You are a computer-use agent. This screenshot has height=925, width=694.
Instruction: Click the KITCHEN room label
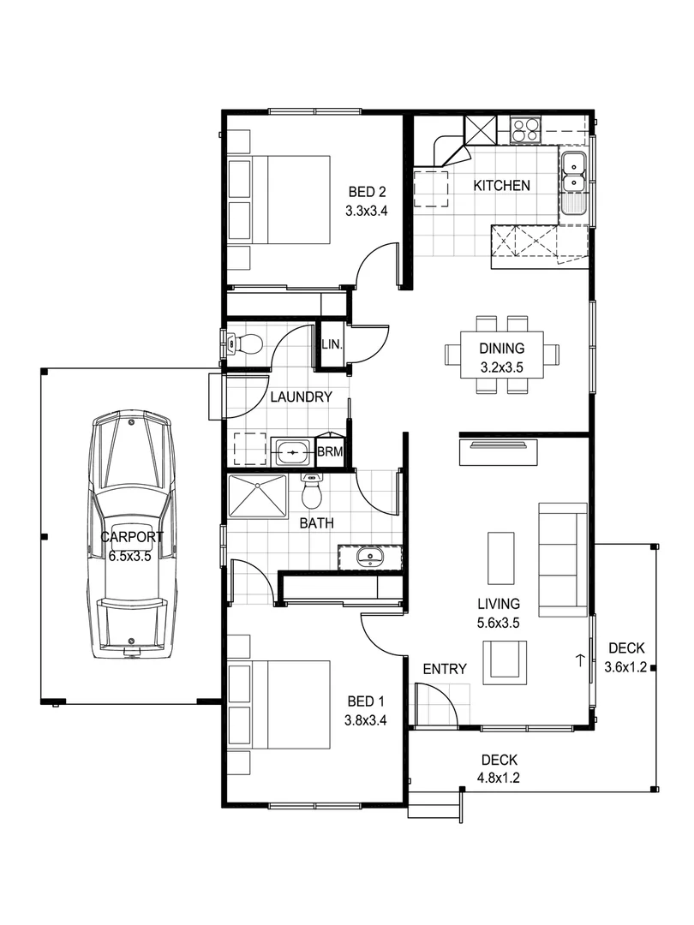pos(502,185)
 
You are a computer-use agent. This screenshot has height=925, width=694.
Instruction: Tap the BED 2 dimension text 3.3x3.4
pos(368,212)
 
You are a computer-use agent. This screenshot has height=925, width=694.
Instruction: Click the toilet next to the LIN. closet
pos(244,344)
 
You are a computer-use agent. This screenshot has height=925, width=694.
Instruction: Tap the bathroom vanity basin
pos(370,558)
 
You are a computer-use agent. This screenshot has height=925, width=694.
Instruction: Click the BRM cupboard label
pos(331,451)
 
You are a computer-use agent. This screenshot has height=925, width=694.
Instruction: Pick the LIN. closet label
pos(332,344)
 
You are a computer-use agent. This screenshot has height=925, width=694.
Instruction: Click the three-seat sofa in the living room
pos(562,558)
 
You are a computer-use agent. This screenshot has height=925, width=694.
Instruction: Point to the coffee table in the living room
pos(501,558)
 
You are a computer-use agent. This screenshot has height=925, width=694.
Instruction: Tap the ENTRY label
pos(444,670)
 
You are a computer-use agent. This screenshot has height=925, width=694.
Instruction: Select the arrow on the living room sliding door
pos(580,660)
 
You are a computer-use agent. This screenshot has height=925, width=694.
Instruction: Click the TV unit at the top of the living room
pos(499,451)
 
